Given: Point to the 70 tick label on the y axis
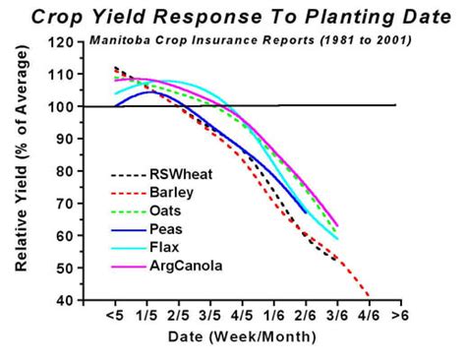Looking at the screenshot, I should [64, 204].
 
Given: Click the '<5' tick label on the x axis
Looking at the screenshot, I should [114, 317].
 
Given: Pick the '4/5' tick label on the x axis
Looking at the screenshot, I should [242, 317].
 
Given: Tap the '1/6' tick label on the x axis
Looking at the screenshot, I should [273, 317].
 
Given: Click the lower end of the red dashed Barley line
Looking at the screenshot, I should [371, 296].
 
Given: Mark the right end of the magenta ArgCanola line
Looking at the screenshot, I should [337, 225].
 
